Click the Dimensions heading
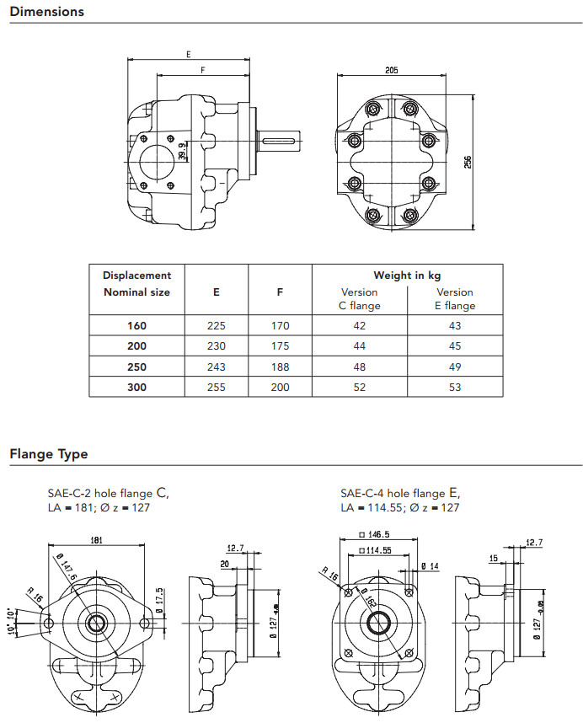point(47,12)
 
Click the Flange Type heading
point(49,454)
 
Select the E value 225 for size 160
point(216,324)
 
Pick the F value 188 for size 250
point(281,367)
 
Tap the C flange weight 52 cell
point(360,388)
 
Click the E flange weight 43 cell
point(455,324)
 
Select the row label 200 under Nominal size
point(136,345)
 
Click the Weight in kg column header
point(408,275)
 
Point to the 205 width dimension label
point(392,71)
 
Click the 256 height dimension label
point(468,161)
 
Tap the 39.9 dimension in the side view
point(183,151)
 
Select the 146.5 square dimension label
point(377,534)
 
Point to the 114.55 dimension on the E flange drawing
point(377,550)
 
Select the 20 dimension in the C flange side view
point(225,564)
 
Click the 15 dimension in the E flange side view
point(495,558)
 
